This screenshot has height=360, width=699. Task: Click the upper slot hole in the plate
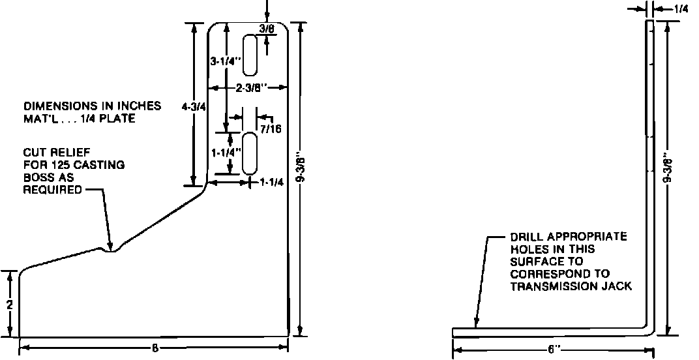250,55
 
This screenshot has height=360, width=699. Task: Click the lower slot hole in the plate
249,153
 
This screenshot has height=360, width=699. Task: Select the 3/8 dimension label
266,29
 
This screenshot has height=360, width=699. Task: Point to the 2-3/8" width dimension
248,87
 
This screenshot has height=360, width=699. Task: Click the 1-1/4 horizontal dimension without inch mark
271,183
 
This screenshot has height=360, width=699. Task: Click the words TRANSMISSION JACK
571,286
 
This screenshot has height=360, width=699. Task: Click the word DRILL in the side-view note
526,237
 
